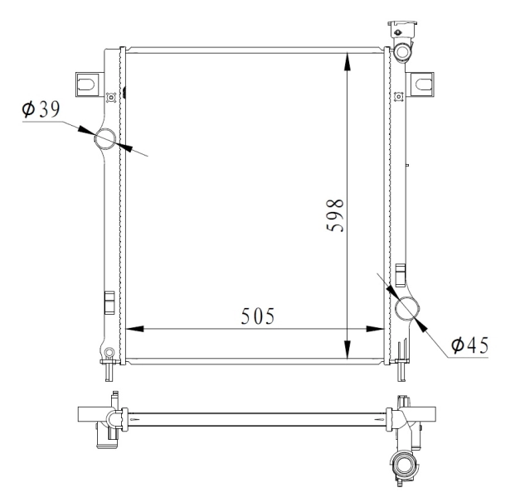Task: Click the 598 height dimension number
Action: click(x=335, y=215)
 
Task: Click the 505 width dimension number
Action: click(x=258, y=316)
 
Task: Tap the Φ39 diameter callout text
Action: click(x=41, y=109)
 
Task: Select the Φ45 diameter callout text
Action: click(x=469, y=345)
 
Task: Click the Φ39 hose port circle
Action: click(x=105, y=139)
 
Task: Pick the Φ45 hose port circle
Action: click(x=407, y=308)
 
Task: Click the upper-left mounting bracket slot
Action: click(x=85, y=84)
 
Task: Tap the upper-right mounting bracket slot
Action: click(x=425, y=84)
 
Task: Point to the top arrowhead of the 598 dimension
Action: click(x=347, y=61)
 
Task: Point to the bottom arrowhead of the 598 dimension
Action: click(x=347, y=350)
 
